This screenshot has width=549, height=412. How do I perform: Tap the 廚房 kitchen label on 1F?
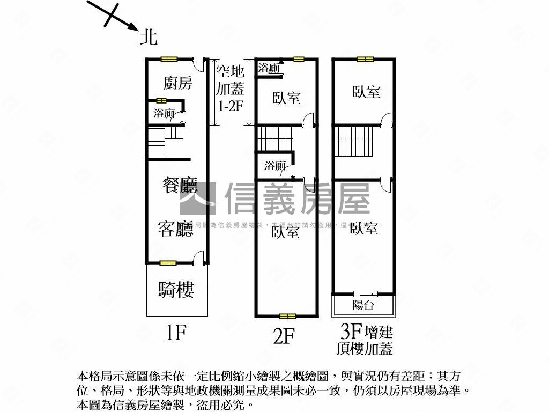(x=177, y=83)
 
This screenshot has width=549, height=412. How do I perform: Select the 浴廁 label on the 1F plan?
(x=164, y=113)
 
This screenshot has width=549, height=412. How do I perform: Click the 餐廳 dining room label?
(x=180, y=186)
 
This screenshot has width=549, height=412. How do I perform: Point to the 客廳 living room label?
(x=175, y=229)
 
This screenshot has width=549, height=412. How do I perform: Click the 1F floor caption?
(x=176, y=333)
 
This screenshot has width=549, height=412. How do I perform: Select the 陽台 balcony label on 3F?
(x=363, y=306)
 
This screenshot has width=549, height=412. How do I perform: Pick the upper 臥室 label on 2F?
(x=286, y=98)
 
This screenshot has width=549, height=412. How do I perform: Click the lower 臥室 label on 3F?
(x=364, y=229)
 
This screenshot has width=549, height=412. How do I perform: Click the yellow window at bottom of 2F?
(x=287, y=316)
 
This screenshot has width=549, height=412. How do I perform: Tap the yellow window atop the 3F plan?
(x=365, y=59)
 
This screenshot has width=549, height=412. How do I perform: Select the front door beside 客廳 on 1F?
(x=199, y=258)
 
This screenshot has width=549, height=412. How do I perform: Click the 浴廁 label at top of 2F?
(x=269, y=68)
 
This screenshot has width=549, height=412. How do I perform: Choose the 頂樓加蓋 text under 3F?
(x=364, y=349)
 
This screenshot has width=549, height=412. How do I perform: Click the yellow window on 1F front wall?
(x=168, y=263)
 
